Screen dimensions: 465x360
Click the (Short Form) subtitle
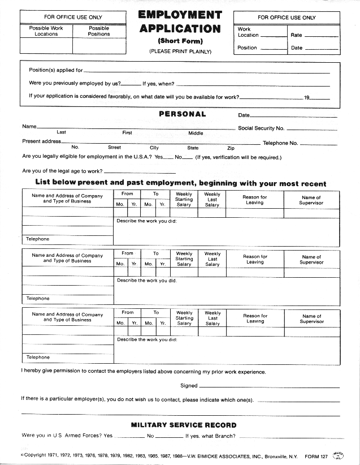180,41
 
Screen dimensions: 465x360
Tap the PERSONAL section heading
182,114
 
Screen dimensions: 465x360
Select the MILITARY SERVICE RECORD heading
184,425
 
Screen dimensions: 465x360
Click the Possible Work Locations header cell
46,31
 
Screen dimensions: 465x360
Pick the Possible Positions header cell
99,31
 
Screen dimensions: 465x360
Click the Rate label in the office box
296,35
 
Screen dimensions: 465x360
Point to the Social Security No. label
261,128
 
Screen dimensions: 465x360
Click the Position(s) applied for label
56,71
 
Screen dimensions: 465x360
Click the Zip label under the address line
231,148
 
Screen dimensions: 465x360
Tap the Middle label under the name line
196,133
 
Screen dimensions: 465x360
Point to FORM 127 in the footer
316,455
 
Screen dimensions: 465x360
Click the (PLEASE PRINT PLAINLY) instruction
180,51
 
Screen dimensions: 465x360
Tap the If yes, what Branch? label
210,436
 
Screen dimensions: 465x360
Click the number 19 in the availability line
307,97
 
